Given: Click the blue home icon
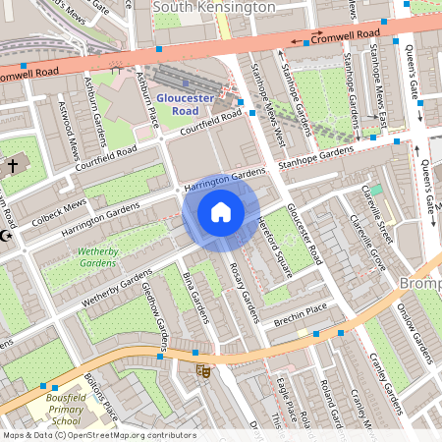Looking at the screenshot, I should [x=221, y=212].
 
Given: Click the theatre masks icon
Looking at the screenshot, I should [x=204, y=370].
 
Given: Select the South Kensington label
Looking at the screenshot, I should [x=215, y=7].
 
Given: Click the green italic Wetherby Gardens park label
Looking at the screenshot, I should [x=97, y=257].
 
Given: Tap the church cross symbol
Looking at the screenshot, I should [x=13, y=166].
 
